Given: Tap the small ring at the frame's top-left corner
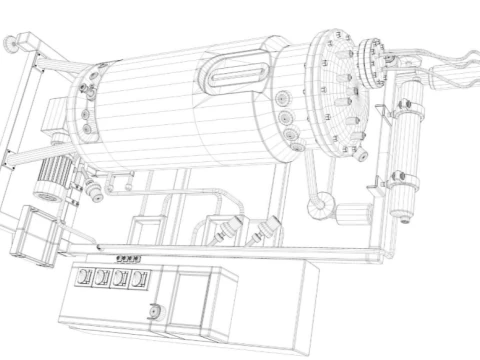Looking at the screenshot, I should pos(12,43).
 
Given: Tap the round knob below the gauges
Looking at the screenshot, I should pos(153,310).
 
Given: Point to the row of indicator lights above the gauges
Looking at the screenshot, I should pos(130,259).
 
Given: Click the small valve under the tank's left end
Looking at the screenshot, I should pos(95,187).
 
